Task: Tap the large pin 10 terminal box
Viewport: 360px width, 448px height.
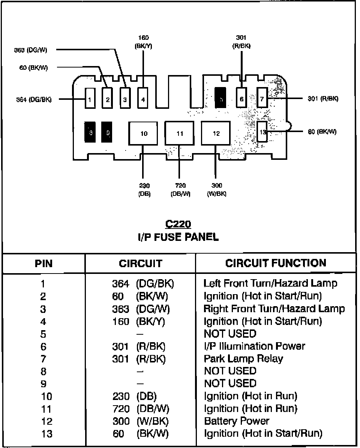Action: point(144,134)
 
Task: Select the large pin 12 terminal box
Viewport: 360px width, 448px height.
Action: point(216,134)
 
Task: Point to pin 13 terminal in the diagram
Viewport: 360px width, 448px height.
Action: point(262,132)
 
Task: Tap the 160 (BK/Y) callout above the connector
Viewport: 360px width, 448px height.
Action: point(143,42)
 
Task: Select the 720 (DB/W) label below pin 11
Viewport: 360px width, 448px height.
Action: point(180,189)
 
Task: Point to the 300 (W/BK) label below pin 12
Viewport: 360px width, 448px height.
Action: point(216,189)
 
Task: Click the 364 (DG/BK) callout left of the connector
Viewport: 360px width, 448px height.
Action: point(34,99)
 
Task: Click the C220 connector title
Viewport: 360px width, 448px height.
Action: point(178,224)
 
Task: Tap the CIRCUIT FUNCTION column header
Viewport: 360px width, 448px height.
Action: point(276,263)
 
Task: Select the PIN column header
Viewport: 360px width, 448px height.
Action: point(43,263)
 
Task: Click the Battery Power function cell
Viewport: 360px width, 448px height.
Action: point(236,421)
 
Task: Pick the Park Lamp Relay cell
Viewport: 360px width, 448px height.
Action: point(243,359)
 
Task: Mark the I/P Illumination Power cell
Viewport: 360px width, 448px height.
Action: point(254,346)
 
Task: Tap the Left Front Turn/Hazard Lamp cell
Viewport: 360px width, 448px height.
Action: point(270,283)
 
